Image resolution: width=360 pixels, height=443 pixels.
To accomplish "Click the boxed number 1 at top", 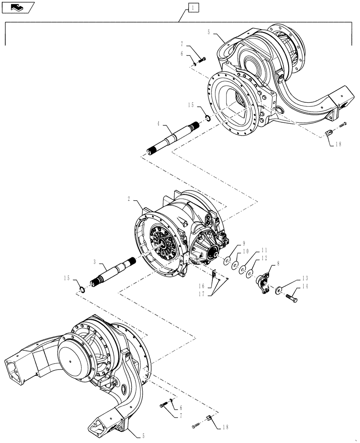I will (193, 8).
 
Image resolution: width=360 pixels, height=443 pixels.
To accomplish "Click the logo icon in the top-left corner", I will (18, 7).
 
